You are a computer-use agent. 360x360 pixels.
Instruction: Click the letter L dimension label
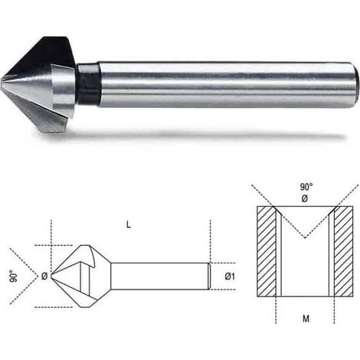coord(129,224)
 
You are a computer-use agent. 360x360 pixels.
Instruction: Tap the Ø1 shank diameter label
coord(230,277)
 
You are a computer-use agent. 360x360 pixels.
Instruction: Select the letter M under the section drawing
coord(306,319)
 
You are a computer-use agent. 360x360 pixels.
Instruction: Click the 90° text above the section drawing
coord(306,187)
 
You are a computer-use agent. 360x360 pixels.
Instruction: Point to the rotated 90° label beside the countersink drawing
coord(14,276)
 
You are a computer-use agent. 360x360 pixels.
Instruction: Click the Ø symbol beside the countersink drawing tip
coord(44,276)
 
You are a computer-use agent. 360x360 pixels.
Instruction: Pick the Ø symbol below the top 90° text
coord(305,198)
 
